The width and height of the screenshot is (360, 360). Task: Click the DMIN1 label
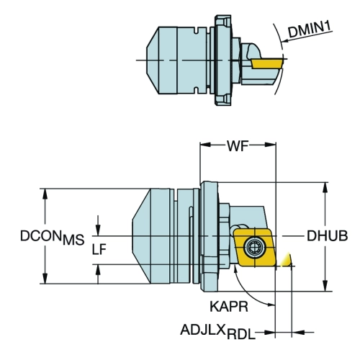(x=310, y=30)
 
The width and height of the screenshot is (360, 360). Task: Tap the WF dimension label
(x=238, y=145)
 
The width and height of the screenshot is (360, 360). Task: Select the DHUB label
(x=327, y=236)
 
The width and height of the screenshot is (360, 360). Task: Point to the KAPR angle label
(x=229, y=307)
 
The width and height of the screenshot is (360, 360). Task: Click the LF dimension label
(x=99, y=250)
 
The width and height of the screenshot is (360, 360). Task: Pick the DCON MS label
(x=53, y=238)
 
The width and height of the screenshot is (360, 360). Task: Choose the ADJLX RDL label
(x=217, y=332)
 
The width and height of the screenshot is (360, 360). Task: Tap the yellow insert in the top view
(x=266, y=63)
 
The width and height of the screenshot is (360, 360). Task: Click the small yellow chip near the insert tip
(x=287, y=260)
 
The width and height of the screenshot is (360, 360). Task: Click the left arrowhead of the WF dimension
(x=205, y=145)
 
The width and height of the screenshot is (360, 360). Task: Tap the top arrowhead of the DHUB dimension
(x=325, y=187)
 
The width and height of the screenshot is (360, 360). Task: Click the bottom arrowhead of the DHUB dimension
(x=325, y=286)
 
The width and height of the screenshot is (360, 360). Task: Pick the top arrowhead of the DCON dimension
(x=45, y=194)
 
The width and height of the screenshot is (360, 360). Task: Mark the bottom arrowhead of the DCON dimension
(x=45, y=279)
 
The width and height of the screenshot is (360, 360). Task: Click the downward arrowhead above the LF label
(x=98, y=230)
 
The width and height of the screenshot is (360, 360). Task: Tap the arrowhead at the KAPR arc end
(x=271, y=305)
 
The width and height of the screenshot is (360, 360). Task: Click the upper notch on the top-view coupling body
(x=197, y=31)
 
